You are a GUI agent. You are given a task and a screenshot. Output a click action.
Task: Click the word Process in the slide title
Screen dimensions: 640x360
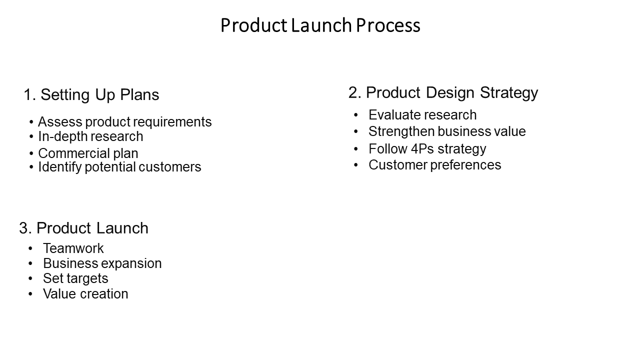pyautogui.click(x=388, y=25)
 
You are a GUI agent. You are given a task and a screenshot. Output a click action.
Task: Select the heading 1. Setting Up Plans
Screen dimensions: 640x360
pyautogui.click(x=91, y=95)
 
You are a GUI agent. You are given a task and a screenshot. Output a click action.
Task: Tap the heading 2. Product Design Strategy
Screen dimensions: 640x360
pyautogui.click(x=443, y=93)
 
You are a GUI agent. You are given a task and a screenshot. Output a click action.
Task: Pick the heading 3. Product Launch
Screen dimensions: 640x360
pyautogui.click(x=83, y=228)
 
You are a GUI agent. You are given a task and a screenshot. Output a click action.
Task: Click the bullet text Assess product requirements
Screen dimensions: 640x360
pyautogui.click(x=125, y=122)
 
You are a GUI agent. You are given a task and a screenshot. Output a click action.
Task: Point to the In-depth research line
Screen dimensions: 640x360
pyautogui.click(x=90, y=136)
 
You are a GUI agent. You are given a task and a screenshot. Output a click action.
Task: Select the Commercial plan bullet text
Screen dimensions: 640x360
pyautogui.click(x=88, y=153)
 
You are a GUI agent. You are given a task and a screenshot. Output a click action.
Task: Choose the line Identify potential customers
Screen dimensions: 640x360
pyautogui.click(x=119, y=167)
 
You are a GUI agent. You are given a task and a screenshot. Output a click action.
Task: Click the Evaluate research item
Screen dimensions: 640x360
pyautogui.click(x=422, y=115)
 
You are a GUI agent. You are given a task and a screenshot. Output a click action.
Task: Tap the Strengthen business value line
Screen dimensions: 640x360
pyautogui.click(x=447, y=131)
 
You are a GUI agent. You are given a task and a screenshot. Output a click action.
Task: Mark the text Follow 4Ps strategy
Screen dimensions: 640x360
pyautogui.click(x=427, y=149)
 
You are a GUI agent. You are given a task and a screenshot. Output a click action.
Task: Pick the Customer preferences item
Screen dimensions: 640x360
pyautogui.click(x=435, y=165)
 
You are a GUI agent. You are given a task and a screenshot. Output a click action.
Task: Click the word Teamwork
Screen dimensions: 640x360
pyautogui.click(x=73, y=248)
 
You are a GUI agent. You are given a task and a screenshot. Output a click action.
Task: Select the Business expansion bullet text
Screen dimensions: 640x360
pyautogui.click(x=102, y=263)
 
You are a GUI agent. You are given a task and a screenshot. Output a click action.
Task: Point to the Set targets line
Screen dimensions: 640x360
pyautogui.click(x=75, y=278)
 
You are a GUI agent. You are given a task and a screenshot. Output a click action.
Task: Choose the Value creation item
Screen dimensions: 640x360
pyautogui.click(x=85, y=293)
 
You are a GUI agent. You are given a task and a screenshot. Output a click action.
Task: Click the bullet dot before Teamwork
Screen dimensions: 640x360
pyautogui.click(x=30, y=248)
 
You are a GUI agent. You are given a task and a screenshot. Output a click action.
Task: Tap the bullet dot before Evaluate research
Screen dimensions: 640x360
pyautogui.click(x=355, y=115)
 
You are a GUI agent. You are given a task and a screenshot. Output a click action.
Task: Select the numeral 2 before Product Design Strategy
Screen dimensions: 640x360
pyautogui.click(x=353, y=92)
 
